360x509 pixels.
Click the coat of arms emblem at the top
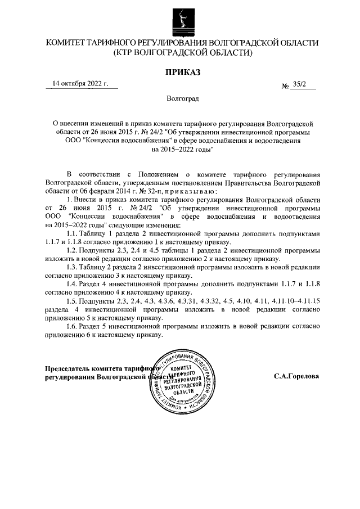(x=180, y=21)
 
